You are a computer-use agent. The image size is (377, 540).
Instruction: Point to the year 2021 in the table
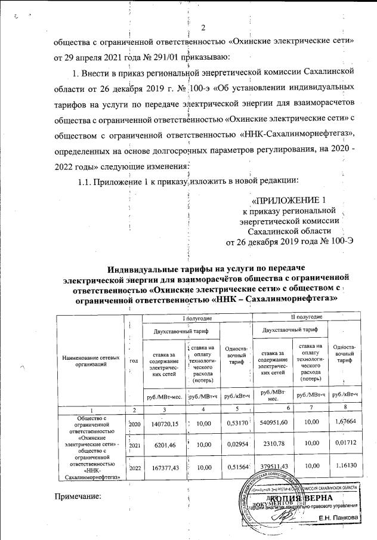tap(135, 446)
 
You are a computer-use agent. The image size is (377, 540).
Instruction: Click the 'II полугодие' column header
tap(307, 316)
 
